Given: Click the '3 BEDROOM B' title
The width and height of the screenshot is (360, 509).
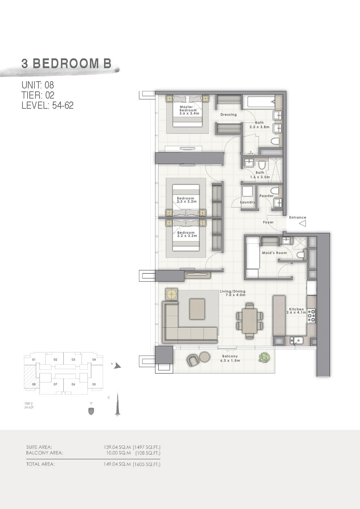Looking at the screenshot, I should pos(66,63).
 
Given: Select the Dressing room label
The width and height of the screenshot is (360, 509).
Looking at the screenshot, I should pos(228,115).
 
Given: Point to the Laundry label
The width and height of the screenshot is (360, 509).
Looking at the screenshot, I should pos(248,202).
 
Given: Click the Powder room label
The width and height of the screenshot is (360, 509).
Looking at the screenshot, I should pos(266,196).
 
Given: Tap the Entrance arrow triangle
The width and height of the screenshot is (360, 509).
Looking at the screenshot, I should pos(302,224).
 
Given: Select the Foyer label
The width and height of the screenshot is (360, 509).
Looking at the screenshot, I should pos(268,222).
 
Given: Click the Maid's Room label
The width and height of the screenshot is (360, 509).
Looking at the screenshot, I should pos(274,253).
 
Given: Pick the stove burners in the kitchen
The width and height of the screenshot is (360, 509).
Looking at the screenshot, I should pos(311,316).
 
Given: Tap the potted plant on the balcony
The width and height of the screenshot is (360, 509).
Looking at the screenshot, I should pos(264,357).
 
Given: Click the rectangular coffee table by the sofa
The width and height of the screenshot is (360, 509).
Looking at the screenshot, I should pos(196,309).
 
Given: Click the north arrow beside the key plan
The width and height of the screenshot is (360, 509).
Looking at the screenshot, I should pos(117,366).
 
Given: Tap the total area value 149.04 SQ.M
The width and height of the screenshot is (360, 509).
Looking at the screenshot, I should pos(117,464).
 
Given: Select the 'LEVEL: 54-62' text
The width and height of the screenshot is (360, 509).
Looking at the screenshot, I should pos(47,105).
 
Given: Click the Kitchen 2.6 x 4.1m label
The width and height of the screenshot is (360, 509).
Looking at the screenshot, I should pos(296,311).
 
